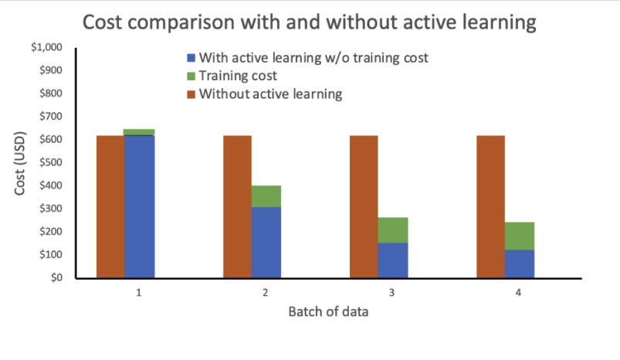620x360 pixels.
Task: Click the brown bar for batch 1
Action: [110, 206]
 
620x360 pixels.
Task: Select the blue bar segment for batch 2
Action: [266, 243]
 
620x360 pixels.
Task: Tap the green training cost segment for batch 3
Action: [393, 230]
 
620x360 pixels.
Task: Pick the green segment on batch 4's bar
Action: [520, 236]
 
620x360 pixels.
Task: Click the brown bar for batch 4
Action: [490, 206]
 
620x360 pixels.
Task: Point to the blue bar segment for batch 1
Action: [140, 206]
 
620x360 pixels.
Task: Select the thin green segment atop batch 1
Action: [140, 132]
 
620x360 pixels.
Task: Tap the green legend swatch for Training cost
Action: [191, 76]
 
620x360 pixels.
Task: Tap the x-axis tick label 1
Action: [140, 294]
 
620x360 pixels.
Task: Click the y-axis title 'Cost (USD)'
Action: [21, 162]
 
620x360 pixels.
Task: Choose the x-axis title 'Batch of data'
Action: [328, 313]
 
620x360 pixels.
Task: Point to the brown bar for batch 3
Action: [364, 206]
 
